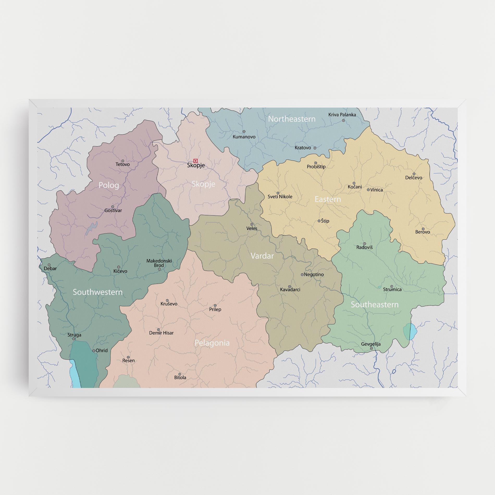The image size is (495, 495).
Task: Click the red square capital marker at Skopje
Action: [x=195, y=161]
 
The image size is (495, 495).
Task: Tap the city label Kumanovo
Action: [x=244, y=137]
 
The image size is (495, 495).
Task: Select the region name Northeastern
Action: [x=292, y=119]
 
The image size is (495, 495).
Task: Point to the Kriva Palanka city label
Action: [x=342, y=115]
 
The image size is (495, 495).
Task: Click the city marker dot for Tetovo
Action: [x=123, y=161]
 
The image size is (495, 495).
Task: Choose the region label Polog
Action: [x=109, y=185]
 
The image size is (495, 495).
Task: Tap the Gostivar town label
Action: [x=113, y=210]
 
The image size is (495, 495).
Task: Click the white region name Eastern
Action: [x=327, y=199]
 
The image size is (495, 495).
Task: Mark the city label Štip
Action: [x=325, y=221]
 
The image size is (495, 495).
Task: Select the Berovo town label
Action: [x=422, y=232]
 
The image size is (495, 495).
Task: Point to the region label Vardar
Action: [x=262, y=256]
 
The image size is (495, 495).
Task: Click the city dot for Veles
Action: [x=252, y=224]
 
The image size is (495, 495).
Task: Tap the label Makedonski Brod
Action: [x=159, y=263]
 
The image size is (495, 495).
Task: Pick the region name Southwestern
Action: [x=98, y=292]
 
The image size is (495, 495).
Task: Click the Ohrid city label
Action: [x=101, y=350]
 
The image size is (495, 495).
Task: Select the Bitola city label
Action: [x=180, y=377]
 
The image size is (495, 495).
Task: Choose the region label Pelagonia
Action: [x=212, y=343]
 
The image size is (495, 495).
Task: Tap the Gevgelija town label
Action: [x=370, y=344]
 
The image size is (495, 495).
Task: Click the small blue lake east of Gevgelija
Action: [x=410, y=331]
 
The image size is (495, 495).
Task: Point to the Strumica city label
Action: [x=392, y=289]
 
